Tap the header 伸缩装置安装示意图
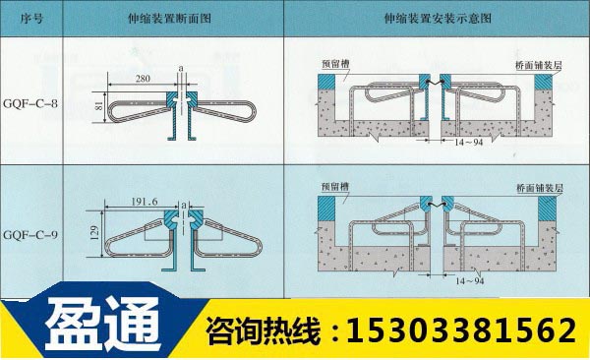(x=437, y=17)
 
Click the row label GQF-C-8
(x=31, y=102)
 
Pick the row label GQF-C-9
(x=31, y=236)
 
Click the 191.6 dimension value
(x=146, y=202)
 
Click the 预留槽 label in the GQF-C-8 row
(x=335, y=61)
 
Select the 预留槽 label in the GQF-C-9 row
(x=335, y=183)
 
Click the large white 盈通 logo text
(x=98, y=327)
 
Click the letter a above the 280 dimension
(x=183, y=67)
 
